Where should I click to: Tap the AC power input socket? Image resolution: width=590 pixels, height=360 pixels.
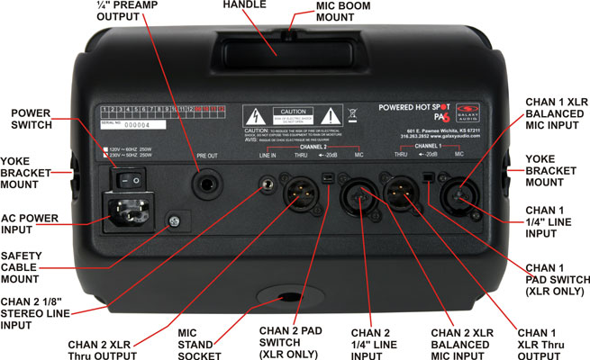[126, 213]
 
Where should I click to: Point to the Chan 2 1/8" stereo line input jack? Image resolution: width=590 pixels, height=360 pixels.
[267, 186]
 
